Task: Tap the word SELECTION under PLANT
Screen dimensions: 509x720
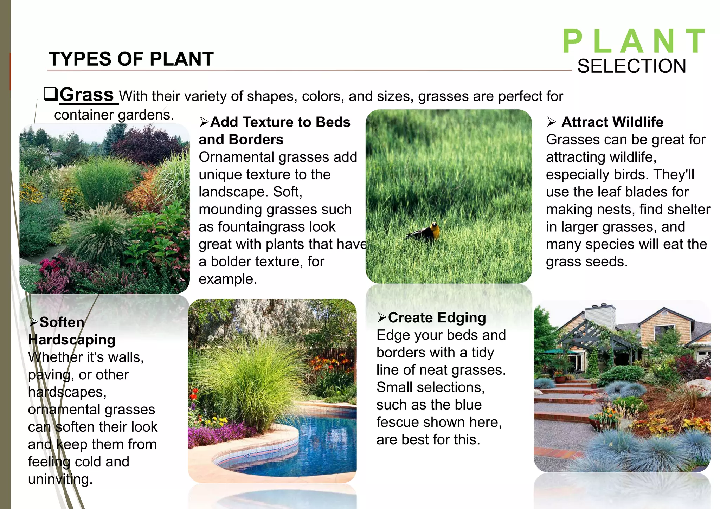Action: [631, 66]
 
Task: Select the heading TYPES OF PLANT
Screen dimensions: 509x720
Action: [131, 59]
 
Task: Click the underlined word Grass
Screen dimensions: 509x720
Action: [86, 95]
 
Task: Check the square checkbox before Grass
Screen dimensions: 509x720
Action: [50, 94]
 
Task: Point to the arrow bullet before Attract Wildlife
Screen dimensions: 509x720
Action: [551, 122]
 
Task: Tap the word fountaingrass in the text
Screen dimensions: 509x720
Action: [261, 227]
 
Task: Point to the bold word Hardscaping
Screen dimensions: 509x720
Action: [72, 340]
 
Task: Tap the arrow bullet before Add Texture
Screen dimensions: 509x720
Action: [204, 122]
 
